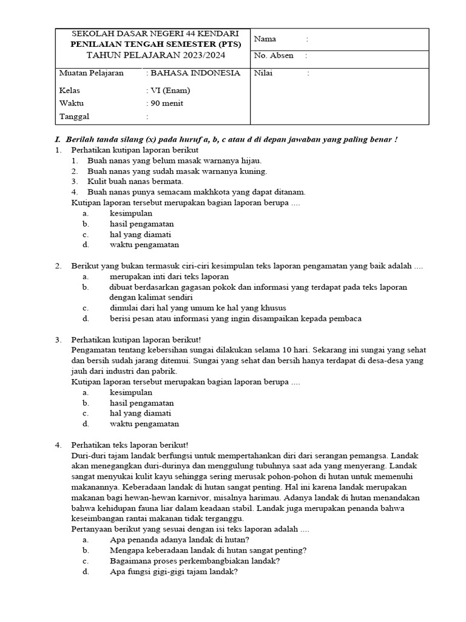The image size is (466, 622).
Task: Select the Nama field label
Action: pyautogui.click(x=265, y=39)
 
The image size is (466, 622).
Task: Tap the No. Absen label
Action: pyautogui.click(x=274, y=55)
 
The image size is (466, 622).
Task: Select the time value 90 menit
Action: pyautogui.click(x=166, y=103)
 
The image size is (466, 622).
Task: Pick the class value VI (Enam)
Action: pyautogui.click(x=170, y=91)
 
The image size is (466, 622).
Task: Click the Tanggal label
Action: pyautogui.click(x=74, y=116)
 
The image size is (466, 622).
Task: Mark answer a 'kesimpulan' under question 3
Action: pyautogui.click(x=131, y=392)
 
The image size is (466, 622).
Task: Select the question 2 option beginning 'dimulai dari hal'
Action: pyautogui.click(x=198, y=308)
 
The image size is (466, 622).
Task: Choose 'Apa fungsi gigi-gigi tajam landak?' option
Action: pyautogui.click(x=174, y=572)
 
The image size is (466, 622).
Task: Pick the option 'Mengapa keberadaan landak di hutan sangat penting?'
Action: pyautogui.click(x=208, y=550)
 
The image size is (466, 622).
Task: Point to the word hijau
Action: pyautogui.click(x=251, y=160)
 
